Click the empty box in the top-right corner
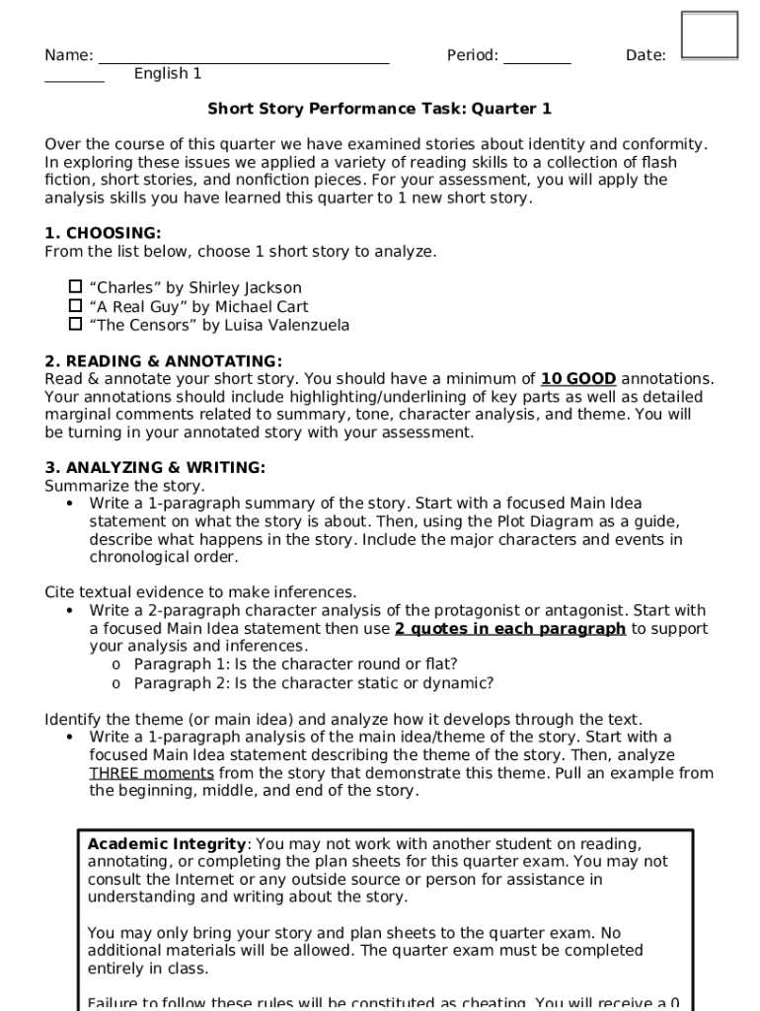(709, 36)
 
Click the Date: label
(646, 56)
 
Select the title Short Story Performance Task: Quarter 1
(379, 109)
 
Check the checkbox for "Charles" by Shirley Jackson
(75, 286)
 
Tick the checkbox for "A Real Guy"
(75, 305)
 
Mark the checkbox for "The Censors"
(75, 323)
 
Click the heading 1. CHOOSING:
(103, 234)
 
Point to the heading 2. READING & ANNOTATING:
(163, 361)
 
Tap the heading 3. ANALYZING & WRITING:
(155, 468)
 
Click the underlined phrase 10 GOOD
(578, 379)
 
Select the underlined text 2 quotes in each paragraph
(509, 629)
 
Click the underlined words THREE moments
(151, 773)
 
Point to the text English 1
(168, 74)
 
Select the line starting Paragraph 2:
(313, 683)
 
